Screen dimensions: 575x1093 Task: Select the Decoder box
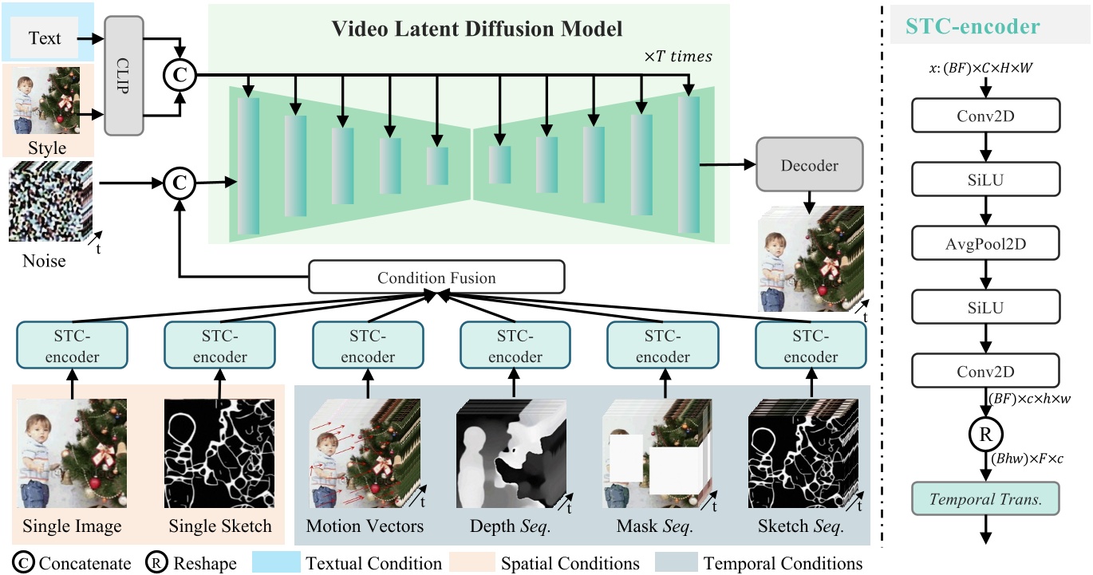tap(809, 166)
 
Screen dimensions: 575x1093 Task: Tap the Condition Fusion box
tap(436, 278)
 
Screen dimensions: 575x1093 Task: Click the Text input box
tap(45, 37)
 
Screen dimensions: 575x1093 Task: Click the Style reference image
tap(48, 102)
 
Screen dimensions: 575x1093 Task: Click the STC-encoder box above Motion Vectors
tap(368, 345)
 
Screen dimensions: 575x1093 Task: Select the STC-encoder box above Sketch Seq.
tap(811, 345)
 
